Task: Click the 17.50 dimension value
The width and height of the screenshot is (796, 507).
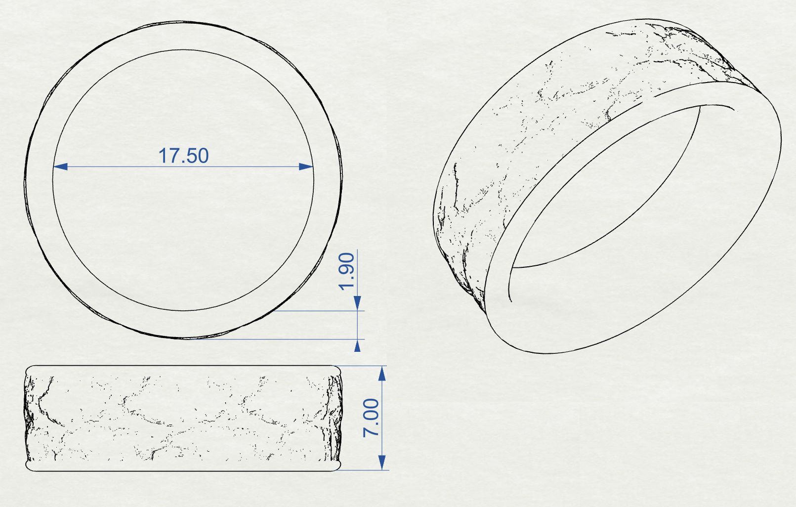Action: tap(183, 156)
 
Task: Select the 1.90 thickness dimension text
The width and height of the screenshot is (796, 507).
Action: tap(347, 271)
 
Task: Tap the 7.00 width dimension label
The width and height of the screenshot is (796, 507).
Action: tap(371, 418)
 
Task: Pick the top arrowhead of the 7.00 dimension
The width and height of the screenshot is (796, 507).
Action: tap(381, 374)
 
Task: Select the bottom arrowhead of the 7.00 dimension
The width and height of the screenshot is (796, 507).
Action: tap(381, 463)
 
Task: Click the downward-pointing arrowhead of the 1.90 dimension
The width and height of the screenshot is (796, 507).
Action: tap(357, 303)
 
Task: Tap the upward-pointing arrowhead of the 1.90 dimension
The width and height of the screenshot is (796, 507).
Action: tap(357, 345)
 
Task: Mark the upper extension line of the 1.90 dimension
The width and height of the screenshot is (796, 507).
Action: tap(321, 311)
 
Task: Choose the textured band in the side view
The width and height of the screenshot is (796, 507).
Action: tap(183, 418)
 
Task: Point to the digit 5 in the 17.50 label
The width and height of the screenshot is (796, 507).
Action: tap(190, 156)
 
